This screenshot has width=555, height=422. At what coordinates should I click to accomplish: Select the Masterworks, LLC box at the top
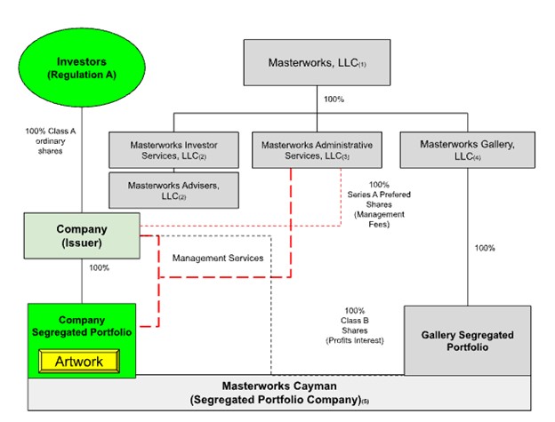(318, 63)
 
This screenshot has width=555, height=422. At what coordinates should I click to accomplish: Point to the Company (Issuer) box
(81, 235)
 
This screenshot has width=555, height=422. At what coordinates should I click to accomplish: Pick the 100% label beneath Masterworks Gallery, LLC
(484, 248)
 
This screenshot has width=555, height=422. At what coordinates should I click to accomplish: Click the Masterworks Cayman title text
(277, 387)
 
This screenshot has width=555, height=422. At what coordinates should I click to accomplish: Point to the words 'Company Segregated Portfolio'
(81, 325)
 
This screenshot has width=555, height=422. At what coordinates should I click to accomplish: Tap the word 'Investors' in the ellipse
(81, 61)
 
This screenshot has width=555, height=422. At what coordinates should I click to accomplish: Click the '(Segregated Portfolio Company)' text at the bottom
(277, 402)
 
